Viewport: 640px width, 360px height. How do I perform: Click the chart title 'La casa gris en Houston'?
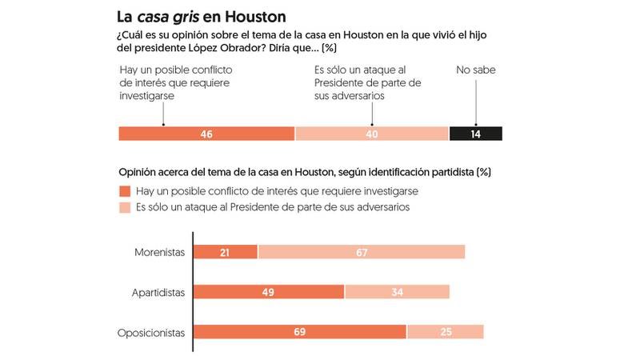pyautogui.click(x=202, y=15)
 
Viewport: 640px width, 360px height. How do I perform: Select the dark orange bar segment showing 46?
pyautogui.click(x=206, y=134)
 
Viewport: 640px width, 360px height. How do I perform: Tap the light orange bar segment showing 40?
pyautogui.click(x=372, y=134)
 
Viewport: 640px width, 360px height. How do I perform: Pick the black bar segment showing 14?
pyautogui.click(x=476, y=134)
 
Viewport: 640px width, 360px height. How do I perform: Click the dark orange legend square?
pyautogui.click(x=124, y=192)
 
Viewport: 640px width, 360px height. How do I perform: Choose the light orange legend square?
pyautogui.click(x=124, y=208)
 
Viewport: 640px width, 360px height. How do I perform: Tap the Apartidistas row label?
pyautogui.click(x=158, y=292)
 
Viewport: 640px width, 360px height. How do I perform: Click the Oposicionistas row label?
pyautogui.click(x=152, y=332)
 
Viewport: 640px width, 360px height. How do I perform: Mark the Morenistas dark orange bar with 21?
pyautogui.click(x=226, y=252)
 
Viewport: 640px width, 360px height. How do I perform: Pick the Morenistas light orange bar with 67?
pyautogui.click(x=362, y=252)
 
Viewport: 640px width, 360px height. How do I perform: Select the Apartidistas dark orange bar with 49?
pyautogui.click(x=269, y=292)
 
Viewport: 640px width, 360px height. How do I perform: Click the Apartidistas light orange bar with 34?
pyautogui.click(x=397, y=292)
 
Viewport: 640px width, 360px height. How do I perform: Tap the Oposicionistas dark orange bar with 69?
pyautogui.click(x=300, y=332)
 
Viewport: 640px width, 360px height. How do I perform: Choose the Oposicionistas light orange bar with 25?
pyautogui.click(x=445, y=332)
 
